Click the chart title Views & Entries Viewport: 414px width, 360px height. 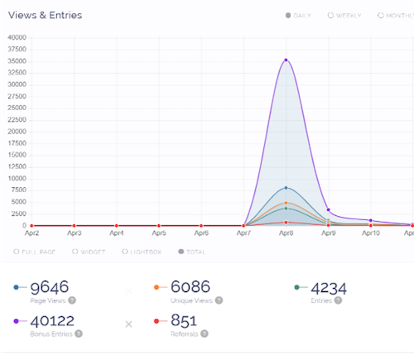46,15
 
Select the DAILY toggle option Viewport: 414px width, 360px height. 298,16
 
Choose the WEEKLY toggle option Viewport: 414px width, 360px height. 346,16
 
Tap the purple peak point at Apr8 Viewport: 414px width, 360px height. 286,60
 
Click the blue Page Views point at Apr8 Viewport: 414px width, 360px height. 286,188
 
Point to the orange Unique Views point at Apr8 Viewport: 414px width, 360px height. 286,203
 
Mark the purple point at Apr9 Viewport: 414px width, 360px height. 329,209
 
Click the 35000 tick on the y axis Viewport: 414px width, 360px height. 17,60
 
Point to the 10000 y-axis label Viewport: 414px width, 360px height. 17,179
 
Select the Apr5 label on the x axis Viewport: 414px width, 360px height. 160,234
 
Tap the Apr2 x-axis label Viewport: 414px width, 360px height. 32,234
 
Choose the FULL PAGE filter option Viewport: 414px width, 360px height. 36,251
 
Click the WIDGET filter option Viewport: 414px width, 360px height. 89,251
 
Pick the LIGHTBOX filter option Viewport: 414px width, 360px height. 142,251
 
